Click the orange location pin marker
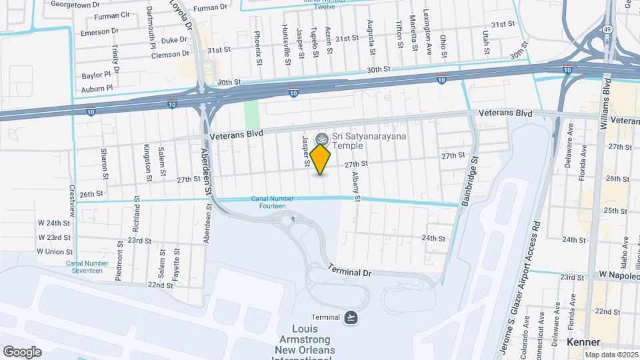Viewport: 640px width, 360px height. [x=321, y=159]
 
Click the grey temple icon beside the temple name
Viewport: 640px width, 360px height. [x=321, y=138]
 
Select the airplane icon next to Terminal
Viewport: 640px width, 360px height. [x=351, y=317]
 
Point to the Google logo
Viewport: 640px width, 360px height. [x=22, y=351]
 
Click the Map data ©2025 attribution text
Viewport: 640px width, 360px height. [x=611, y=354]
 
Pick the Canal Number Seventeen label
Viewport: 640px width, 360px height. [x=84, y=267]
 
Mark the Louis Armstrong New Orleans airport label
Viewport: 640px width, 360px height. [x=303, y=341]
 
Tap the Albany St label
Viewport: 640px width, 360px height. [x=357, y=181]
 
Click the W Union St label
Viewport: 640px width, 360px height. [x=55, y=251]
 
